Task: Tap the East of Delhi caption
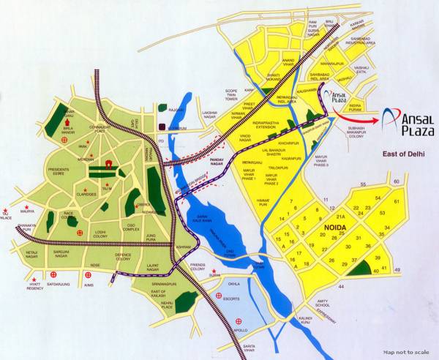(402, 155)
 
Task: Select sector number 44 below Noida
(340, 286)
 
